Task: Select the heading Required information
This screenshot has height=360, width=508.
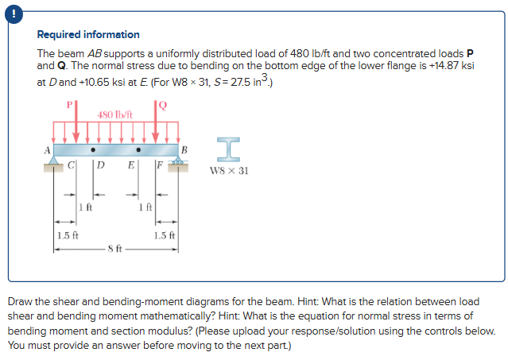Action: (x=88, y=35)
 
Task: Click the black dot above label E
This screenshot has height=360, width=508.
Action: (x=138, y=149)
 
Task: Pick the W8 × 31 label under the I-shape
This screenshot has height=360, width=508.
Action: (x=229, y=170)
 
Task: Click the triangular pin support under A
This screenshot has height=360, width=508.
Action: (x=54, y=161)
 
